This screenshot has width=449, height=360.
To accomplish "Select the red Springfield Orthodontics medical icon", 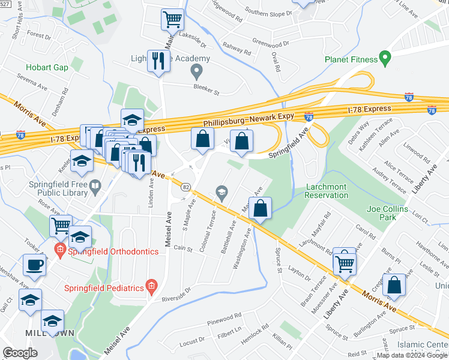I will coord(59,250).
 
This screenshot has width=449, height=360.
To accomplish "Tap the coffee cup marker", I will coord(34,264).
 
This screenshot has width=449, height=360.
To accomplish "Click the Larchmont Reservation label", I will coord(326,191).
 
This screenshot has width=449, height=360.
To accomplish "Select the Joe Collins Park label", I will coord(389,213).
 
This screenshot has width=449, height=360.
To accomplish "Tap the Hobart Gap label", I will coord(47,67).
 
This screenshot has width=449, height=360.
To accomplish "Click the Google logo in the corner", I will coord(20,353).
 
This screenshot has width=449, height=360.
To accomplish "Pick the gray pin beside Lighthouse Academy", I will coord(195,73).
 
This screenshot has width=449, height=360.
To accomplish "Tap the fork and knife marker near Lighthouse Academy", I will coord(158,61).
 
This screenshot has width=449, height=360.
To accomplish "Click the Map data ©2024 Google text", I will coord(412,355).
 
